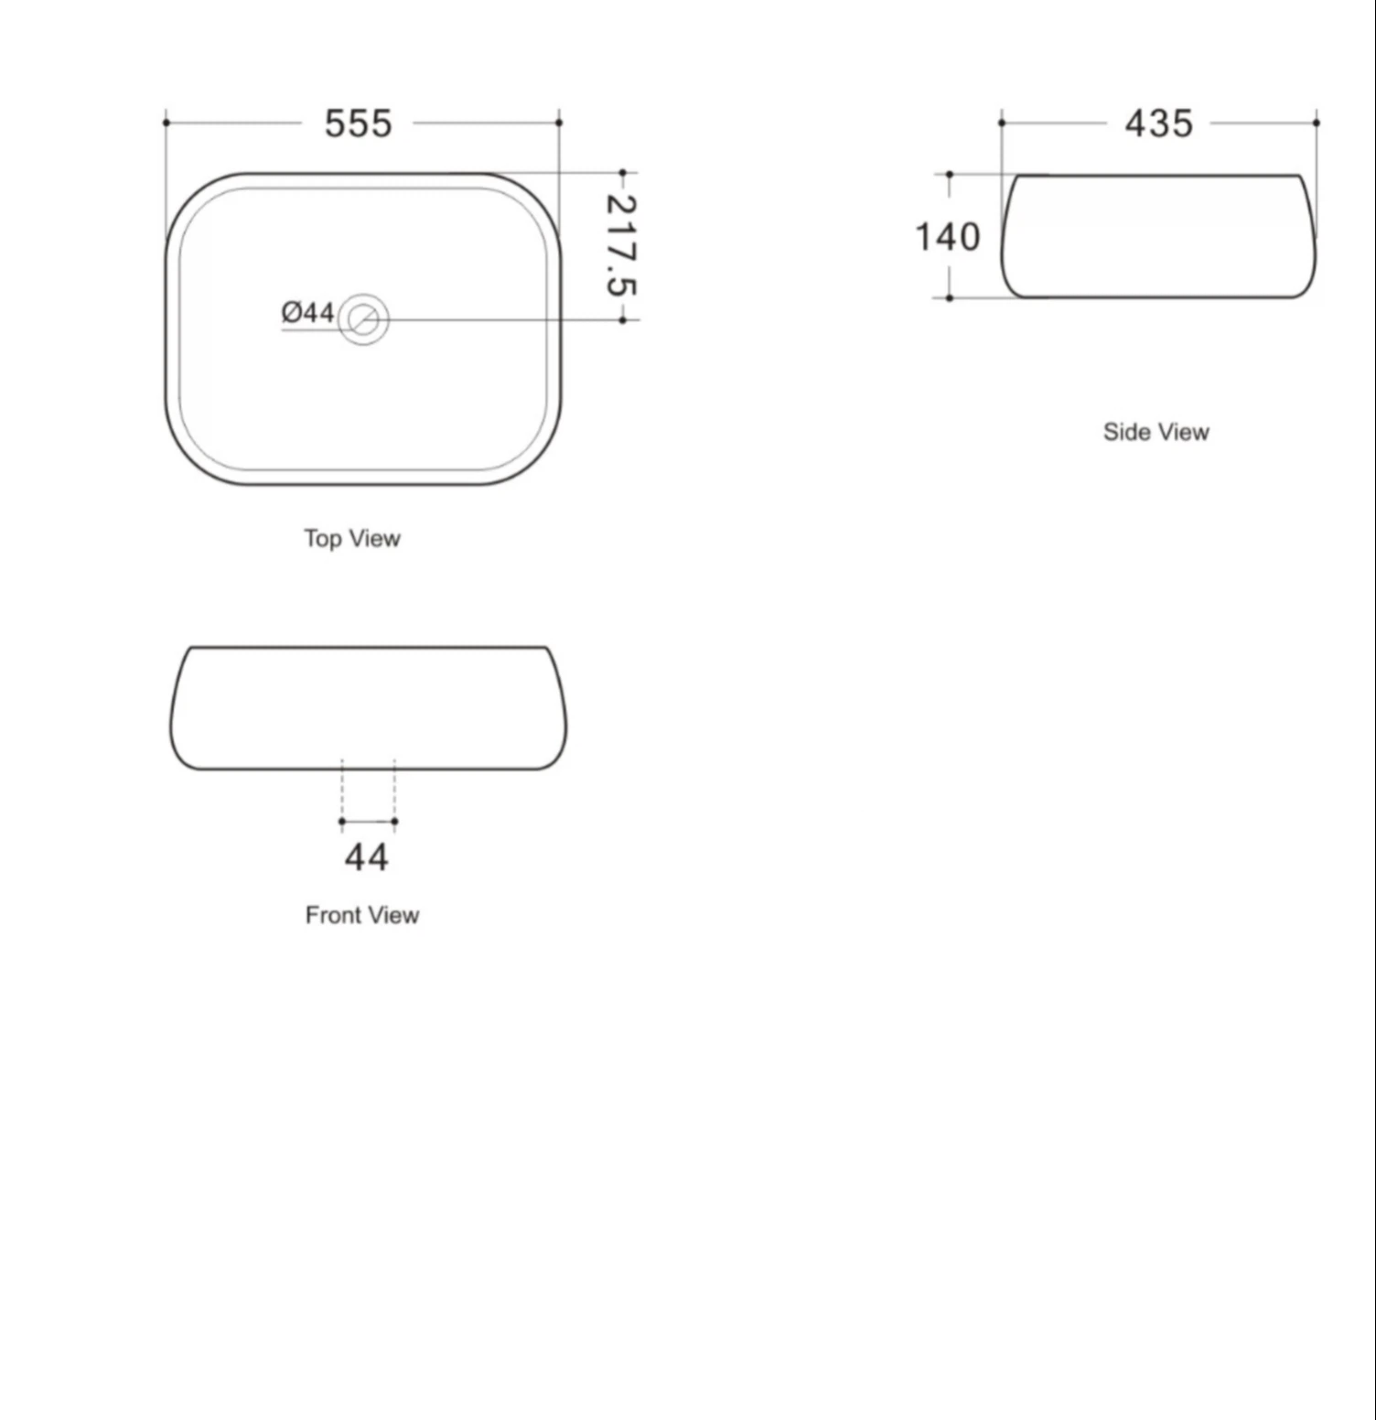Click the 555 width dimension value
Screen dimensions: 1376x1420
click(x=359, y=124)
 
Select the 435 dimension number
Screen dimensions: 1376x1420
click(x=1159, y=124)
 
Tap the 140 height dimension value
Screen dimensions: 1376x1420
click(x=948, y=237)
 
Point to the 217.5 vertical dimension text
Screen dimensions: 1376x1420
click(x=622, y=245)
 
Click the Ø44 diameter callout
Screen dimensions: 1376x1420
click(x=307, y=312)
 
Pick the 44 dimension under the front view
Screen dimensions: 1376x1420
click(x=366, y=857)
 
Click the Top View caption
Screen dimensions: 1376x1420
click(x=352, y=538)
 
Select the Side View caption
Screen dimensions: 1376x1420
click(x=1156, y=432)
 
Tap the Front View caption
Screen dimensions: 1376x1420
click(x=362, y=915)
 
